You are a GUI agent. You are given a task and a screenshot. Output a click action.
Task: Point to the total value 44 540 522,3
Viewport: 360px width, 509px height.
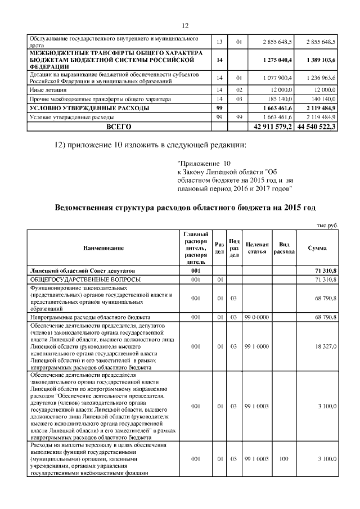pyautogui.click(x=318, y=127)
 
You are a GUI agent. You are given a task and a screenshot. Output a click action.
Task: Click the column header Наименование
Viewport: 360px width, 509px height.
pyautogui.click(x=103, y=247)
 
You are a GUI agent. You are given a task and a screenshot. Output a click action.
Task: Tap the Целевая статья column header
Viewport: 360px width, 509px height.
pyautogui.click(x=256, y=247)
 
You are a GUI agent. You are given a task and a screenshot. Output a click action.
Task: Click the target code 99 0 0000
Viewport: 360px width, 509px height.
pyautogui.click(x=256, y=317)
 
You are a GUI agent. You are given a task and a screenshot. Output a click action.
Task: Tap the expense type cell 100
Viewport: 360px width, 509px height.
pyautogui.click(x=283, y=460)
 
